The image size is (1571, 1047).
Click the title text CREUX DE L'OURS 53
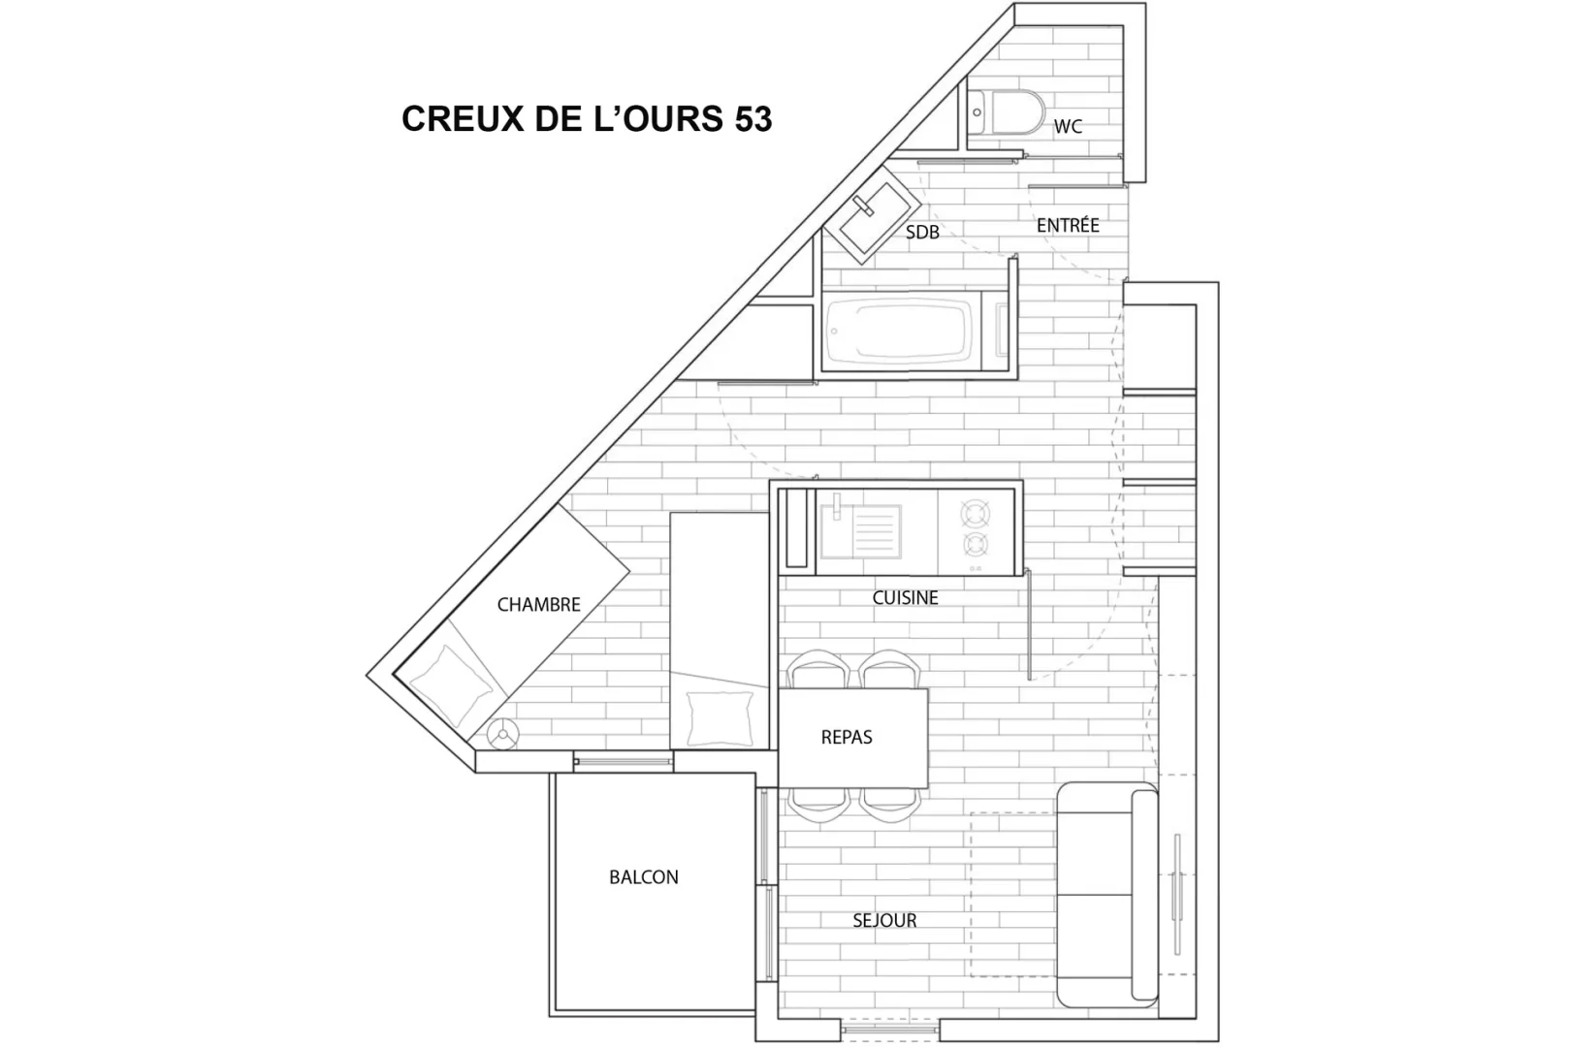(x=587, y=118)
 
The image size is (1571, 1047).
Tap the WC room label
(x=1068, y=126)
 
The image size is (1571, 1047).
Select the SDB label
(x=922, y=232)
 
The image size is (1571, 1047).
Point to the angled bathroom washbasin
(x=872, y=214)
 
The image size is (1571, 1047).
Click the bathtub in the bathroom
(x=916, y=331)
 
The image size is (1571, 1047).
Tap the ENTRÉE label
(x=1068, y=225)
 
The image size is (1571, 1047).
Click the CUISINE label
(x=905, y=597)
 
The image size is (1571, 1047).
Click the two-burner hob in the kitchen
(x=976, y=532)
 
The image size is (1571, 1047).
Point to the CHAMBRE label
(x=538, y=605)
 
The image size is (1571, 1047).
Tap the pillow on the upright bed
(x=721, y=718)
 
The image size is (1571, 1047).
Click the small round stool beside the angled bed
(x=503, y=735)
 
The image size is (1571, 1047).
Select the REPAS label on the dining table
(x=847, y=737)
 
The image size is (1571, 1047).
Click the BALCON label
(x=644, y=877)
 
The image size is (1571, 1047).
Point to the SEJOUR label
(x=884, y=920)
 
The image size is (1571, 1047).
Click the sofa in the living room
(x=1107, y=895)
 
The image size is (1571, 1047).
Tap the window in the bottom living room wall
(x=890, y=1030)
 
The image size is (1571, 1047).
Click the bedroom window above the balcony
(x=623, y=762)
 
